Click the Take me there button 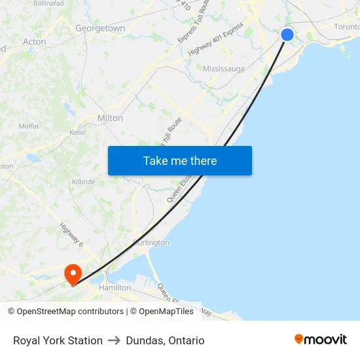[180, 160]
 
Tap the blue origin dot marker [287, 35]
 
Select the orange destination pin [71, 274]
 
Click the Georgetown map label [100, 28]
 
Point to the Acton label [35, 41]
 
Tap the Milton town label [110, 118]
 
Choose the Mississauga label [224, 68]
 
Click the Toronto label [347, 26]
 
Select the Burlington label [151, 242]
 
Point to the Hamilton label [115, 287]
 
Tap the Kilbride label [84, 181]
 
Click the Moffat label [29, 126]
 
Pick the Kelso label [78, 132]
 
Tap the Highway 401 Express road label [215, 41]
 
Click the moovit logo [321, 339]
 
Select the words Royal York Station [58, 340]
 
